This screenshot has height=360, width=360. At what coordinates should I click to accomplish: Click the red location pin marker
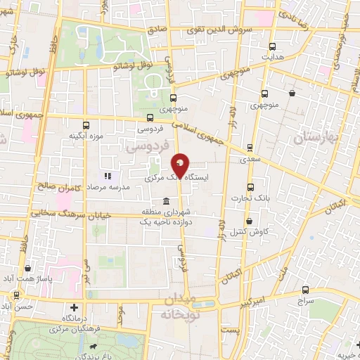(x=180, y=165)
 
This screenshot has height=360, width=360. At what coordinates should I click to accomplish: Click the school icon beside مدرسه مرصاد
(x=108, y=176)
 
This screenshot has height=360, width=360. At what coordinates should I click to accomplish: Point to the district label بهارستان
(x=315, y=136)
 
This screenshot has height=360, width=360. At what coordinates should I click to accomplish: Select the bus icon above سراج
(x=305, y=289)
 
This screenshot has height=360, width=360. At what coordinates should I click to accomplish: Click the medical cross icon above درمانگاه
(x=75, y=307)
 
